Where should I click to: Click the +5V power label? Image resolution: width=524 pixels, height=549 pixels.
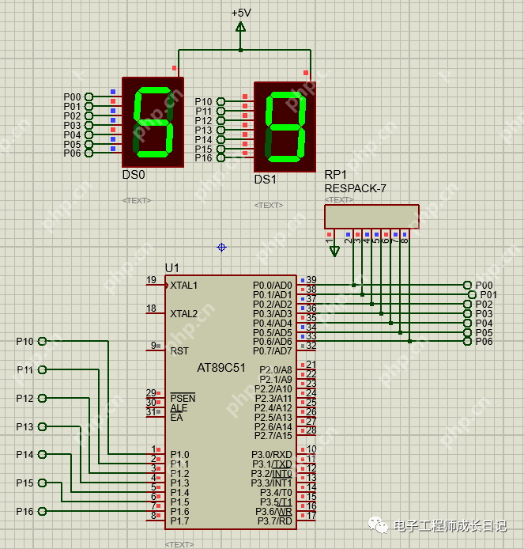[241, 13]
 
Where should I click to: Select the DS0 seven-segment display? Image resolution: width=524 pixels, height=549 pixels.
[153, 121]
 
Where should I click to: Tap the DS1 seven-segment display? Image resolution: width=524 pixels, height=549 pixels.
[285, 127]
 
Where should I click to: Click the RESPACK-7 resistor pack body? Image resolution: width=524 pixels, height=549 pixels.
[371, 217]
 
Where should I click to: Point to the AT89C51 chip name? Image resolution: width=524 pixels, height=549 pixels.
[221, 368]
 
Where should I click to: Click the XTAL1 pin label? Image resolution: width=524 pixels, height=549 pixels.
[184, 285]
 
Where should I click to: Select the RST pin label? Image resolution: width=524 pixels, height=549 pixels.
[179, 350]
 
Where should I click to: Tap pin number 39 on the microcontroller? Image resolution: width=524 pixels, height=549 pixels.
[311, 281]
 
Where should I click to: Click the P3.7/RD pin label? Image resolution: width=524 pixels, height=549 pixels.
[272, 521]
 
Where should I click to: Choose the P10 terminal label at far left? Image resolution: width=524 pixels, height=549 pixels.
[25, 342]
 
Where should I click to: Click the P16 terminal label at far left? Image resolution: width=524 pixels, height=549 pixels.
[25, 512]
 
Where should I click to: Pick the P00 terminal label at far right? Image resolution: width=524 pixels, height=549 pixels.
[484, 285]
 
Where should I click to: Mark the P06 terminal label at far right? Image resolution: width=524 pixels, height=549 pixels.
[484, 342]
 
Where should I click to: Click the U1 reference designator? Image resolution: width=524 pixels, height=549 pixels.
[172, 267]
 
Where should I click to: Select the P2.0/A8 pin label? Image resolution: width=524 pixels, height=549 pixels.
[275, 369]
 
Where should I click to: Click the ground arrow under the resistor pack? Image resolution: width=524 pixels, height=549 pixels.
[334, 251]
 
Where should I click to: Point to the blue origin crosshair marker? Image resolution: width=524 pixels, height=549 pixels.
[221, 248]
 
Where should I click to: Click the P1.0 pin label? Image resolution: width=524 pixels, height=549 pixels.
[179, 454]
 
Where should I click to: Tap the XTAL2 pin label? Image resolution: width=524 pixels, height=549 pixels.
[184, 313]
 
